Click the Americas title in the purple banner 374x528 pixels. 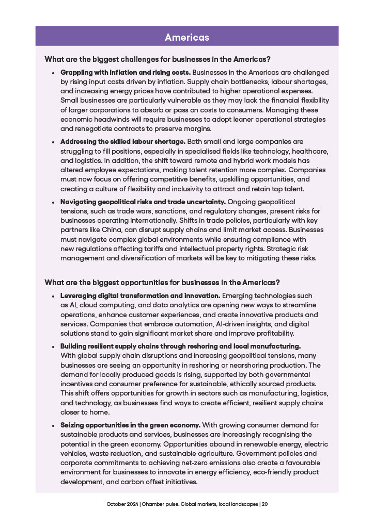tap(187, 37)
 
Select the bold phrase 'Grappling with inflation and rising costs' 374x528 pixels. tap(126, 73)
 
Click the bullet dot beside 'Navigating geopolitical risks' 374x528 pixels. tap(53, 202)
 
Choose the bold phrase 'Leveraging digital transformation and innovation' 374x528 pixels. tap(140, 295)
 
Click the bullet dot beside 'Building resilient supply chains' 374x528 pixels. tap(53, 346)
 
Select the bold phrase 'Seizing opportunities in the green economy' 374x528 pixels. tap(130, 425)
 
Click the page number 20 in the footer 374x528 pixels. tap(264, 504)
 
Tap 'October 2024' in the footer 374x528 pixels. tap(120, 504)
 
